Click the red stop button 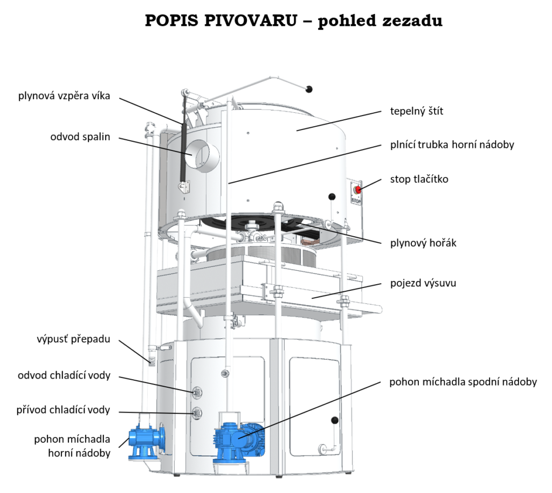357,189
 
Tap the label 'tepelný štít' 417,111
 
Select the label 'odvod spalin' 80,137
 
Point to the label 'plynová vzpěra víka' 64,97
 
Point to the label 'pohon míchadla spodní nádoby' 463,382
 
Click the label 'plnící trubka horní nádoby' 452,145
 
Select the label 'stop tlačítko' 419,179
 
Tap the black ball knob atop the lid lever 309,89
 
